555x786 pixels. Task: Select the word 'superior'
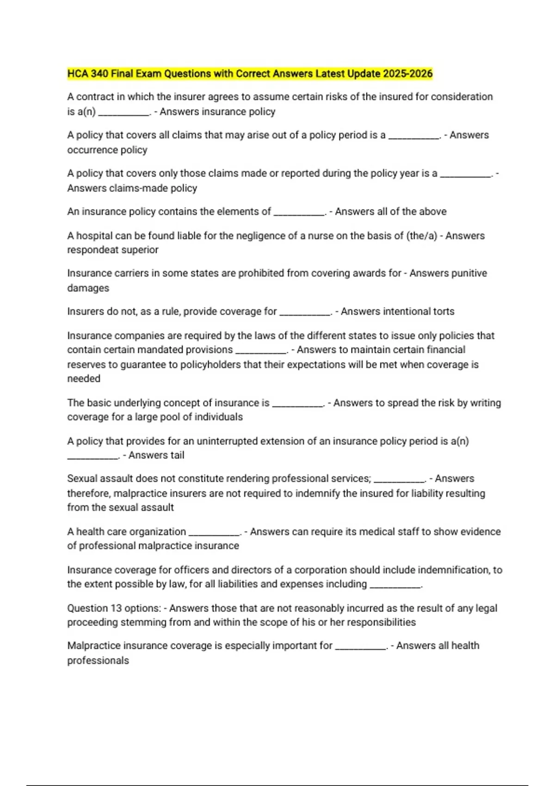coord(141,250)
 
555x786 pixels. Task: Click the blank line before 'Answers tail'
coord(93,456)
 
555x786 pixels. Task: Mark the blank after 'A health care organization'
coord(215,533)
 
